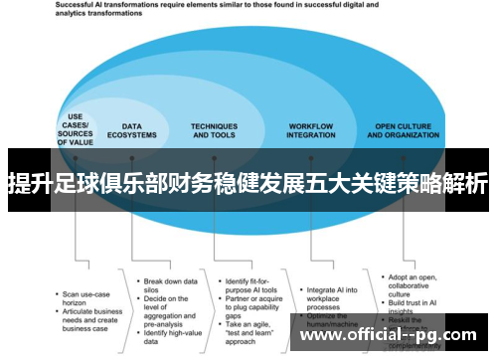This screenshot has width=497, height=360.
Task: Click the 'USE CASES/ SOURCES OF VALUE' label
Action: point(75,130)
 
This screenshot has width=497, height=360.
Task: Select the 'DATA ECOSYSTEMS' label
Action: point(139,130)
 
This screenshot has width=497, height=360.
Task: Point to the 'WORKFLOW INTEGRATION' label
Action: point(311,130)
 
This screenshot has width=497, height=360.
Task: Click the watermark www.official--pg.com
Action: point(393,336)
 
